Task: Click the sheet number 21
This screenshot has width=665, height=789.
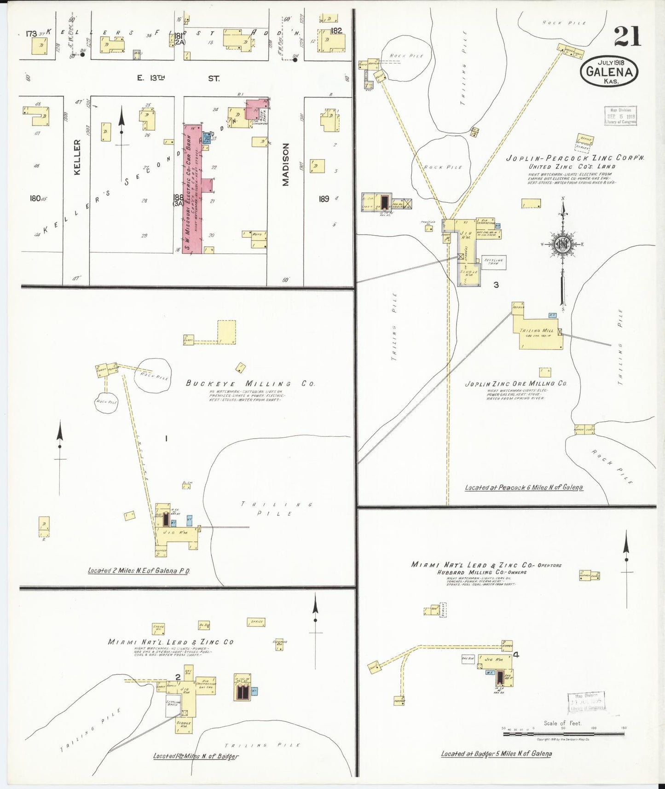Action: click(627, 37)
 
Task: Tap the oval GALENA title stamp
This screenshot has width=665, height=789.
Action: click(609, 72)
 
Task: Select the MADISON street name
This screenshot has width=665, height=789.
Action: click(286, 164)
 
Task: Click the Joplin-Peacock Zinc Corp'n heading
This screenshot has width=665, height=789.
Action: click(575, 158)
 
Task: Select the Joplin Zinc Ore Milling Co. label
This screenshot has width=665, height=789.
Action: click(516, 383)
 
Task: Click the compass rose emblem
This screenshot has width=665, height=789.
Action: click(563, 244)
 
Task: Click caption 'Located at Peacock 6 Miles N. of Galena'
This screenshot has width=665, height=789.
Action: click(524, 487)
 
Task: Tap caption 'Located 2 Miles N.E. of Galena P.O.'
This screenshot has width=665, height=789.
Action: click(139, 571)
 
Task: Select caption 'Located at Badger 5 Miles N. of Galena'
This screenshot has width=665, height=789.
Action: click(496, 754)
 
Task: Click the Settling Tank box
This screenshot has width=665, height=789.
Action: click(494, 262)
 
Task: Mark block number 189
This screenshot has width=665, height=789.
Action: click(324, 199)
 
